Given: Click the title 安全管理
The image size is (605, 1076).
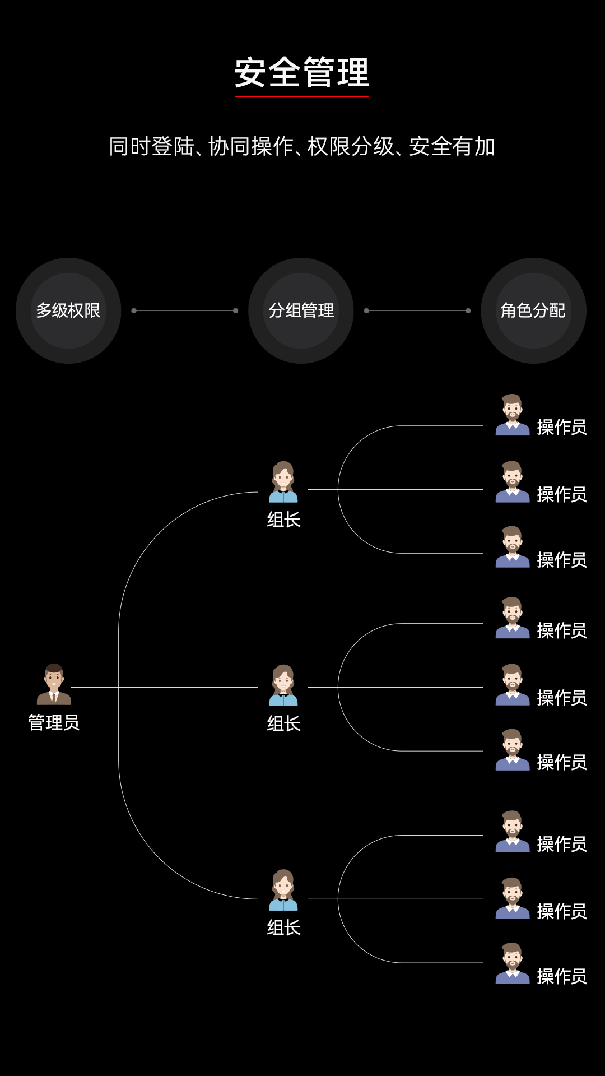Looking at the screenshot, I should pos(302,72).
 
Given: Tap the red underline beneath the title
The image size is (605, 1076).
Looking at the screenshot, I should pos(302,96).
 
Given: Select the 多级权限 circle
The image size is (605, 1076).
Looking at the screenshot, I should pos(68,310).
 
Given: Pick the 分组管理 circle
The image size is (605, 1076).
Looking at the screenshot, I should pos(301,310).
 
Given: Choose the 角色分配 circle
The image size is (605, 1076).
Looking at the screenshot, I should pos(533,310).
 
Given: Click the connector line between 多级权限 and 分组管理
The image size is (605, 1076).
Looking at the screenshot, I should pos(185,310).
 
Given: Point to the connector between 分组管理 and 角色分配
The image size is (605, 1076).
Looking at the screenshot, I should pos(417,310).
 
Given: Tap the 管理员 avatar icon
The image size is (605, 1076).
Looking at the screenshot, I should pos(54,684).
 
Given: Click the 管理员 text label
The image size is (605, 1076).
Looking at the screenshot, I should pos(54,722).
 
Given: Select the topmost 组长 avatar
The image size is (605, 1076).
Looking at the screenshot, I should pos(283,482).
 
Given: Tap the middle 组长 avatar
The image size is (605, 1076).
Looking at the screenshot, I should pos(283,685).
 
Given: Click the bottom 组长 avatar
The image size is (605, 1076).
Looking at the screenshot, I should pos(283,890).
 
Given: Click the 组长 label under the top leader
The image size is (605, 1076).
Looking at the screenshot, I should pos(284,520).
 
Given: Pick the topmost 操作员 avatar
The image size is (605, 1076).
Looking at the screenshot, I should pos(513,415).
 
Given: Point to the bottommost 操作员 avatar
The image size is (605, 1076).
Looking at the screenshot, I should pos(513,964).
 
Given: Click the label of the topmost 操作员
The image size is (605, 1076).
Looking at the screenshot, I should pos(562,428).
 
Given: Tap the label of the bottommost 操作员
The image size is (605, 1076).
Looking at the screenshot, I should pos(562,976).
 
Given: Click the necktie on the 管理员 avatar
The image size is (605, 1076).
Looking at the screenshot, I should pos(54,698).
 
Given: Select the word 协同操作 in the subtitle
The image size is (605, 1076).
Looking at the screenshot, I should pos(251,147).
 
